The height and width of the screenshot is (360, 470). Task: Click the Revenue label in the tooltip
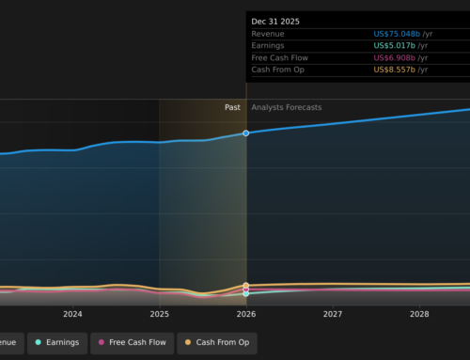[x=268, y=34]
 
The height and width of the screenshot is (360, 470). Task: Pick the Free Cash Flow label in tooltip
[x=279, y=57]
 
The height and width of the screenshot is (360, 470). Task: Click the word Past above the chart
[x=232, y=107]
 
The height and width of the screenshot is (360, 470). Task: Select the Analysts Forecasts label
[x=286, y=107]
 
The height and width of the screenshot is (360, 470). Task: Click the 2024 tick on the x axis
[x=72, y=315]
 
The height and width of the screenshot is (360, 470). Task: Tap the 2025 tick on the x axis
[x=159, y=315]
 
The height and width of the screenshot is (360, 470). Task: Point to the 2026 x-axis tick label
[x=246, y=315]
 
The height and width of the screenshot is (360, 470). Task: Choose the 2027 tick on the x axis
[x=333, y=315]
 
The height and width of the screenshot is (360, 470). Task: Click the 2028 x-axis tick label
[x=419, y=315]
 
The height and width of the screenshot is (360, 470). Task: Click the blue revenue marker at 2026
[x=246, y=133]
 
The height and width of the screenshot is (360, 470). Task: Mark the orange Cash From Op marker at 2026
[x=246, y=286]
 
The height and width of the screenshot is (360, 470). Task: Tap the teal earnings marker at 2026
[x=246, y=293]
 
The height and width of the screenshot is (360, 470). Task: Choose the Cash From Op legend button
[x=218, y=342]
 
